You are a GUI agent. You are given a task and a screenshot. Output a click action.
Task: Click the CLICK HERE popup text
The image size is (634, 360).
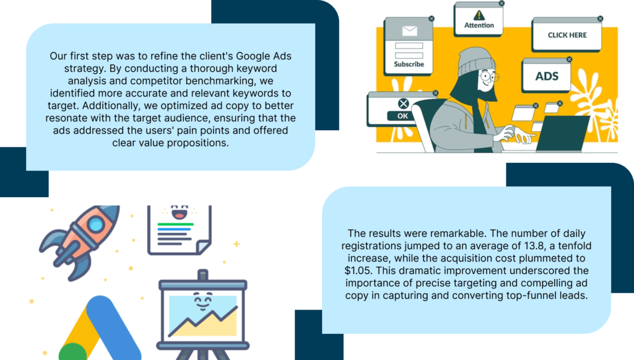(567, 35)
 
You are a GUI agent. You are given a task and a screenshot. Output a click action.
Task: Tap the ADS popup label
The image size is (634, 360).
(547, 76)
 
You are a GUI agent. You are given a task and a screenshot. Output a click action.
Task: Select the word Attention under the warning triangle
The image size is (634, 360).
(479, 25)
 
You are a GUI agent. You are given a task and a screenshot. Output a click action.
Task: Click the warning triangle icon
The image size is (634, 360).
(479, 15)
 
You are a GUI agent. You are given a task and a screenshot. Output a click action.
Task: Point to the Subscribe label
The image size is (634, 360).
(409, 64)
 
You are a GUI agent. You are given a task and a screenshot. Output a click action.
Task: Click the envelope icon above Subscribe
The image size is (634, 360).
(410, 31)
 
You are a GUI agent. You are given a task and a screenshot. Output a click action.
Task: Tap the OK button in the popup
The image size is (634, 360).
(402, 116)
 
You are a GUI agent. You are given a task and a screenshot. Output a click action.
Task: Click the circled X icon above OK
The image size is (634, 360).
(403, 103)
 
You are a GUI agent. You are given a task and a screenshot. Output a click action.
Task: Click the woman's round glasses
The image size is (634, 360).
(488, 76)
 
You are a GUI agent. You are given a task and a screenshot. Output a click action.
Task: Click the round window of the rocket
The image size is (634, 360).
(96, 224)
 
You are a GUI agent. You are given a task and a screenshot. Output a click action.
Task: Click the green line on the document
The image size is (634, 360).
(175, 224)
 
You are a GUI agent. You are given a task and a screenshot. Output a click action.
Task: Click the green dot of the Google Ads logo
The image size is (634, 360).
(73, 352)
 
